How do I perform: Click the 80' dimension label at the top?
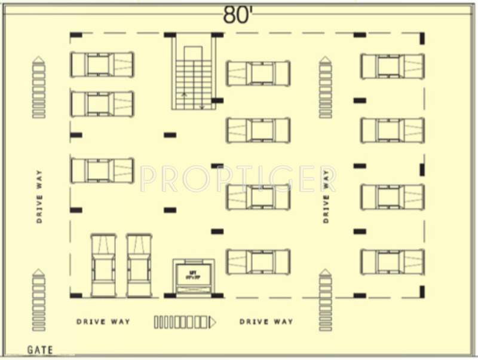[x=238, y=15]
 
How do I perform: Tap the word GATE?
[x=40, y=350]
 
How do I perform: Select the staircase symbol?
[x=194, y=75]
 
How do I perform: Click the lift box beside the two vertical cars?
[x=193, y=276]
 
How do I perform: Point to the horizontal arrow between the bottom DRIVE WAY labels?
[x=185, y=322]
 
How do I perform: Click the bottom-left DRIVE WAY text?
[x=103, y=322]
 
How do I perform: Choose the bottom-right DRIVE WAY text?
[x=266, y=322]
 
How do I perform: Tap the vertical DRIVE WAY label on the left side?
[x=39, y=196]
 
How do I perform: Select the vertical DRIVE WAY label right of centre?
[x=326, y=196]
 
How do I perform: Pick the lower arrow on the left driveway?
[x=39, y=300]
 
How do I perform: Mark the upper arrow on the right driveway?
[x=325, y=87]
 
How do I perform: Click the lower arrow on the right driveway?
[x=325, y=300]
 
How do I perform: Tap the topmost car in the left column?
[x=102, y=65]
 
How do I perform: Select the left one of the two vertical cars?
[x=103, y=265]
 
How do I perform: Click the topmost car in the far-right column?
[x=393, y=66]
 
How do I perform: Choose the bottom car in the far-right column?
[x=393, y=262]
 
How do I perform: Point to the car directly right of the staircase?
[x=258, y=73]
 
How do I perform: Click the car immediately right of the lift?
[x=258, y=262]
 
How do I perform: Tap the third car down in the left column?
[x=102, y=170]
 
